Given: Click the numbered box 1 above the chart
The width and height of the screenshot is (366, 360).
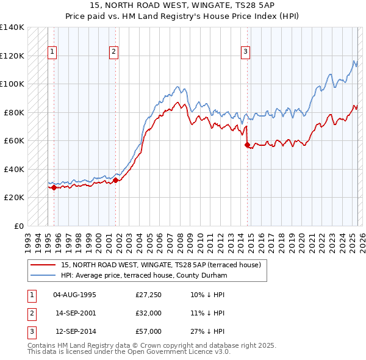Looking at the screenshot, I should point(53,52).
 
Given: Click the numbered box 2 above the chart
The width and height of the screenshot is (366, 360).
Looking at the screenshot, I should point(114,52).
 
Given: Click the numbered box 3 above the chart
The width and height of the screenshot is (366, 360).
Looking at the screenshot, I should point(245,52).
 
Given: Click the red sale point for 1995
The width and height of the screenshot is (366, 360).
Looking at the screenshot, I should point(54,187).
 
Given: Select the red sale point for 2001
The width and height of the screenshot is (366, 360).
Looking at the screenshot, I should point(116,181).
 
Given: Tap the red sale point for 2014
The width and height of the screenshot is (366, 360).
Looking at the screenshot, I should point(247,145).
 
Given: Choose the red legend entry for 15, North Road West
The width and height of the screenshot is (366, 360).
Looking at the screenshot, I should point(160,265).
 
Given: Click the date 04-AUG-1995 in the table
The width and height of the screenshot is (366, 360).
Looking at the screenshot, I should point(75,295).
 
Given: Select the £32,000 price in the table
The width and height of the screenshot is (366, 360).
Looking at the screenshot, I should point(149,314).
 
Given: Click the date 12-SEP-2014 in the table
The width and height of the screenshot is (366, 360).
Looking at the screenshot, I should point(75,332).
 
